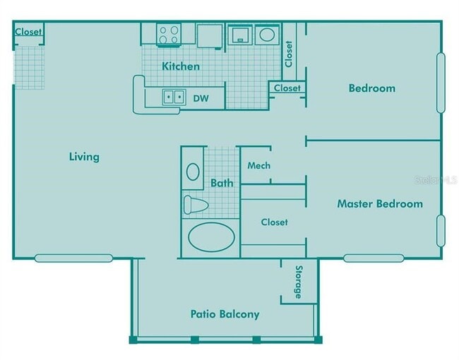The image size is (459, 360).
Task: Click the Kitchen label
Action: [x=181, y=66]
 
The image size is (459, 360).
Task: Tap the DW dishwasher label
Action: [x=201, y=98]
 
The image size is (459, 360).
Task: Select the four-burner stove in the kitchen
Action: [x=169, y=35]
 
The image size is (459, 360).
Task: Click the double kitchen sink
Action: [x=174, y=97]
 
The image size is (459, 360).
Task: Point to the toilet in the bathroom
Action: [x=196, y=205]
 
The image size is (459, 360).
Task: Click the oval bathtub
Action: [x=211, y=237]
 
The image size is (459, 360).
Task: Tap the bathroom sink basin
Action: [x=193, y=172]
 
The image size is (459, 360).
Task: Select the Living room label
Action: [x=84, y=157]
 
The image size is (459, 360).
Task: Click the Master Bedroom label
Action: [x=380, y=204]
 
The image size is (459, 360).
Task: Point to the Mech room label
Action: [x=258, y=166]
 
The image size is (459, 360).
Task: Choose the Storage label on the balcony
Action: [x=298, y=282]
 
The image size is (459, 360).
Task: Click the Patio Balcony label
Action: [x=225, y=314]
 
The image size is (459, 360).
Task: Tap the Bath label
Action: [x=222, y=184]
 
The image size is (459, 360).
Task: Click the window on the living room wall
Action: [x=73, y=258]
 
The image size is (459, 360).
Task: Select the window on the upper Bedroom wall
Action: [x=441, y=83]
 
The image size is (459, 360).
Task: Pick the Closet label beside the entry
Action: [x=28, y=32]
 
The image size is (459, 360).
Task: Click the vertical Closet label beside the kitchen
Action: [x=289, y=54]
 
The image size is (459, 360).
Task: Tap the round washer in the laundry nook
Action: [x=267, y=35]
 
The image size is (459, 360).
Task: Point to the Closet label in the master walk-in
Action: [x=274, y=222]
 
